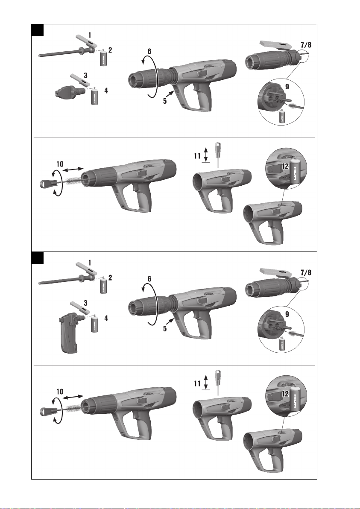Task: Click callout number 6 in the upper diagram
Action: coord(149,51)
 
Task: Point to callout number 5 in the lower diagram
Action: coord(165,328)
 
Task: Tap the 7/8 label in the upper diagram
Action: coord(306,45)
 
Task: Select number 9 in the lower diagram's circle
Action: coord(287,314)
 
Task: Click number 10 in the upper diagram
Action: coord(60,164)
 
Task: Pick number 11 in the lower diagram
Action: coord(197,384)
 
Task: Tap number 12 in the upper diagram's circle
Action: coord(285,166)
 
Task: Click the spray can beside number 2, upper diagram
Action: coord(103,57)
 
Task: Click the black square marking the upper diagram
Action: coord(37,30)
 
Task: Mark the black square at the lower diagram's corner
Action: coord(37,258)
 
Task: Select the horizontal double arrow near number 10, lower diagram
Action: coord(73,397)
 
